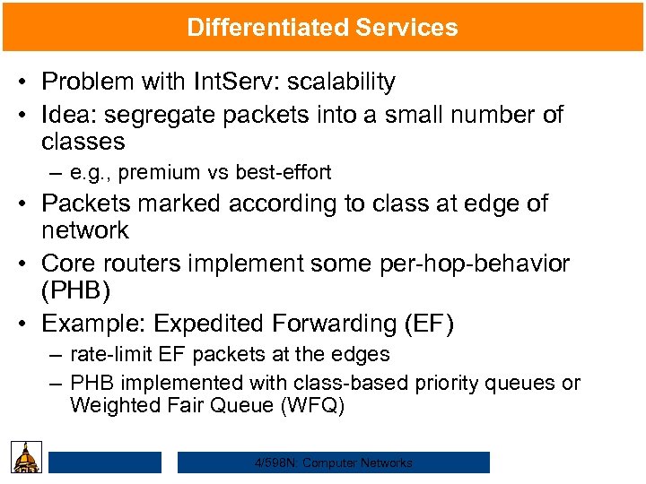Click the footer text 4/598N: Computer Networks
[x=334, y=462]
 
